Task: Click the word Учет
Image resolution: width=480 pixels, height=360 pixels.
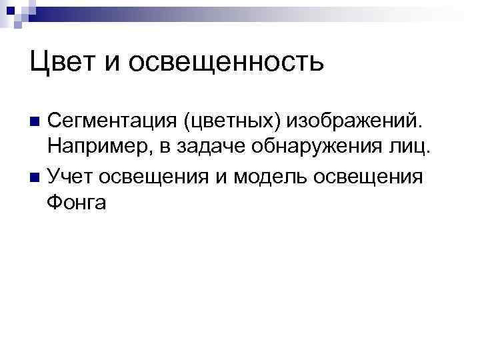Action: point(70,177)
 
